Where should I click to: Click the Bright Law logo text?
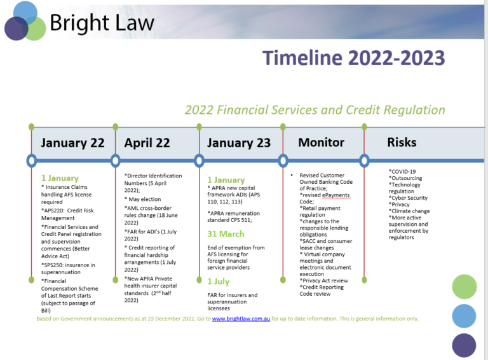[x=102, y=24]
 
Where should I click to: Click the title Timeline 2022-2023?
[x=354, y=58]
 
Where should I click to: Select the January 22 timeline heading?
[x=72, y=142]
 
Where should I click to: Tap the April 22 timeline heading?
[x=147, y=142]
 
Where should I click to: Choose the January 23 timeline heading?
[x=238, y=142]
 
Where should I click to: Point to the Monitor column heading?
[x=321, y=142]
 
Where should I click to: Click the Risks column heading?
[x=402, y=142]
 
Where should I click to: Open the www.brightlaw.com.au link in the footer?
[x=241, y=318]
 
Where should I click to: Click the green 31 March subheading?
[x=226, y=233]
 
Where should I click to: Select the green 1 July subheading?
[x=219, y=281]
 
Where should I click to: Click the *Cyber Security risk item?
[x=409, y=198]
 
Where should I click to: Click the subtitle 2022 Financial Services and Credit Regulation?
[x=315, y=109]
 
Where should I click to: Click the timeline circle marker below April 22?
[x=115, y=160]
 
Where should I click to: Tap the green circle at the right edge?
[x=464, y=287]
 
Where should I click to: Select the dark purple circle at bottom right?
[x=464, y=345]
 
